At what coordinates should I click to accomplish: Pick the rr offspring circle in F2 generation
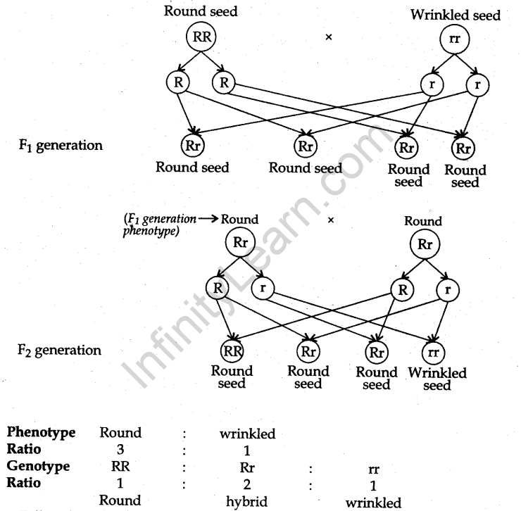[x=439, y=351]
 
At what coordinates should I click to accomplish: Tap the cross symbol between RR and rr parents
[x=328, y=37]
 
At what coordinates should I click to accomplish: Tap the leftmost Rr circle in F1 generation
[x=194, y=146]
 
